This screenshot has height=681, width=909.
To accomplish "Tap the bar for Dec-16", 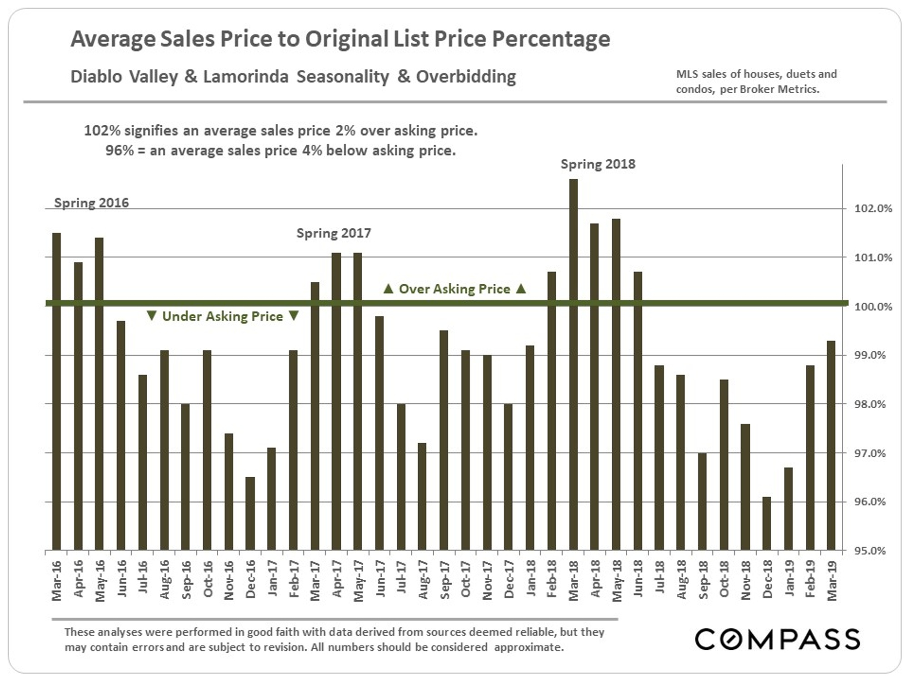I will pos(250,513).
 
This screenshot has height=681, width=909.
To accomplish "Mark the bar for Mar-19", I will pos(831,445).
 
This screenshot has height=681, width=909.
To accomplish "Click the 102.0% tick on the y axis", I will pos(873,209).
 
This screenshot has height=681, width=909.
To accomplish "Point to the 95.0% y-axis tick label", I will pos(873,551).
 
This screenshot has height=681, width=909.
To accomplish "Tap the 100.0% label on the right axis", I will pos(873,307).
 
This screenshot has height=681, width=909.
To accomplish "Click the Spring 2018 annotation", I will pos(598,164).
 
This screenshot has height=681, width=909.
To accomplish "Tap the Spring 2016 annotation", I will pos(91,203).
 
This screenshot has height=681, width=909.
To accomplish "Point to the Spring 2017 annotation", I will pos(334,233).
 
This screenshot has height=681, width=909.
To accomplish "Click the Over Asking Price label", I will pos(454,289).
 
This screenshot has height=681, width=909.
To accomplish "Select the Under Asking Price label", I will pos(223,316).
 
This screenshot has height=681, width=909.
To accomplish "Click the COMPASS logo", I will pos(777,639).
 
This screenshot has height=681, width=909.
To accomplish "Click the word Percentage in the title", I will pos(551,39).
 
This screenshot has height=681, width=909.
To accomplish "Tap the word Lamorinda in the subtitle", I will pos(245,77).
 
